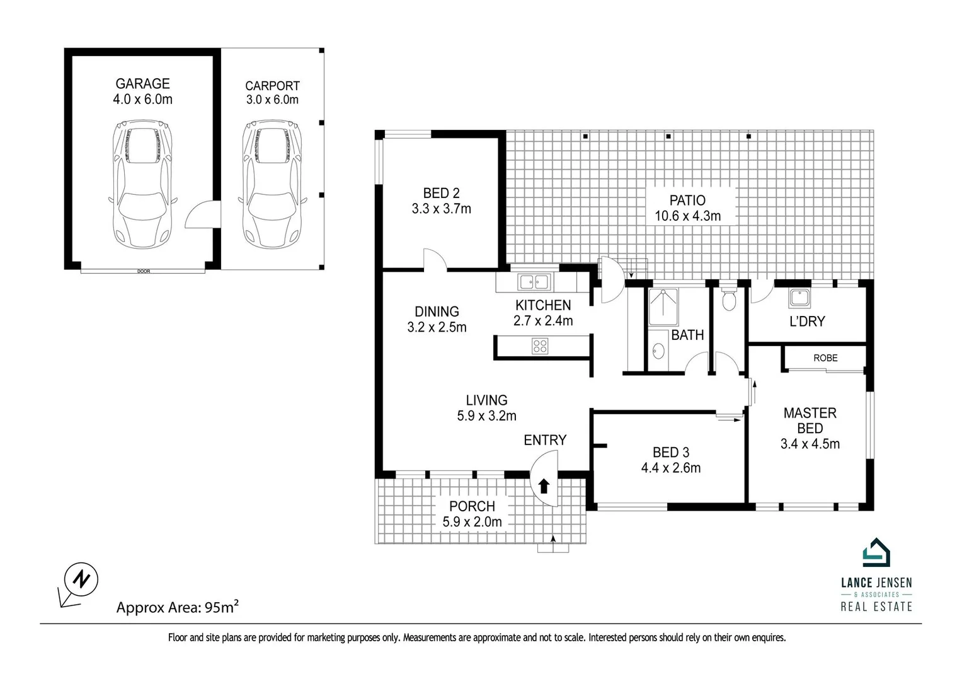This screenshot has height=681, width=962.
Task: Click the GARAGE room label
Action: tap(142, 83)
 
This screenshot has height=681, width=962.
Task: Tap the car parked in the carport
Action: tap(272, 184)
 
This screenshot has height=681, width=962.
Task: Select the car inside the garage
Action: tap(142, 184)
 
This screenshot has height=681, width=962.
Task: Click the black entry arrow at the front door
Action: tap(544, 486)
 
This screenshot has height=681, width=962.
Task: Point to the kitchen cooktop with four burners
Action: tap(540, 346)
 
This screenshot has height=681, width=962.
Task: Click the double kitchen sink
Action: tap(534, 282)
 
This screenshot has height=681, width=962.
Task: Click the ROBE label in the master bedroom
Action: tap(825, 358)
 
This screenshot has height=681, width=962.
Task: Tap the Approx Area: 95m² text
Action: tap(178, 607)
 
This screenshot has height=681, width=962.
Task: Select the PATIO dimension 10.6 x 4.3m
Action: tap(687, 216)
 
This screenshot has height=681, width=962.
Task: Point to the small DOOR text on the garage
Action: tap(144, 271)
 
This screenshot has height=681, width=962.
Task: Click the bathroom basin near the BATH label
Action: tap(658, 351)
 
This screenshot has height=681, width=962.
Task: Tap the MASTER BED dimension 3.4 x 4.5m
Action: tap(810, 444)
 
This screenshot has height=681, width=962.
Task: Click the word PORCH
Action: tap(472, 506)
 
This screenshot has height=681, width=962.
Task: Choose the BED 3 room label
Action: tap(671, 452)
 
